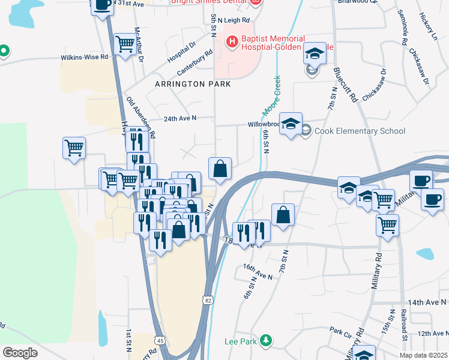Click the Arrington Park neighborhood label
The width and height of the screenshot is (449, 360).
pos(193,85)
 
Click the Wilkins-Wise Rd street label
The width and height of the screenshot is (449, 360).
pos(84,58)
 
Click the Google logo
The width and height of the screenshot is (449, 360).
pos(20,353)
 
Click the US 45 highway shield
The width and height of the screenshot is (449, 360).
pos(159,340)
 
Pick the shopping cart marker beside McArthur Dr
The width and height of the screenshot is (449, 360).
pos(125,44)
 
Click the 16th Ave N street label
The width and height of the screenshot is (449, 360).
pos(258,271)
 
